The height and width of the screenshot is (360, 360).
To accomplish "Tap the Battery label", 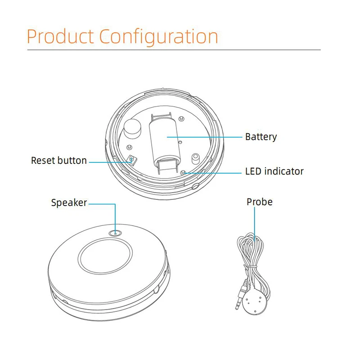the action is click(261, 137).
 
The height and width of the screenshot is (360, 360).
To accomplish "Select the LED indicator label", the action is click(274, 171).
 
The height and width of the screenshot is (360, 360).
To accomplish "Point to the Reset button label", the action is click(59, 161).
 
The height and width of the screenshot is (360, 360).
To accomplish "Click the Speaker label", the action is click(69, 203).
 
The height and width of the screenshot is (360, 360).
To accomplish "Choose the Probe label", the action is click(259, 202).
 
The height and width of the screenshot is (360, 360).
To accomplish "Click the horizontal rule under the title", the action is click(174, 49).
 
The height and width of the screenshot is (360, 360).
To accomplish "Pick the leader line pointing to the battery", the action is click(207, 136).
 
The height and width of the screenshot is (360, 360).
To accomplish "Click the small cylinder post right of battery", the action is click(196, 159).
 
